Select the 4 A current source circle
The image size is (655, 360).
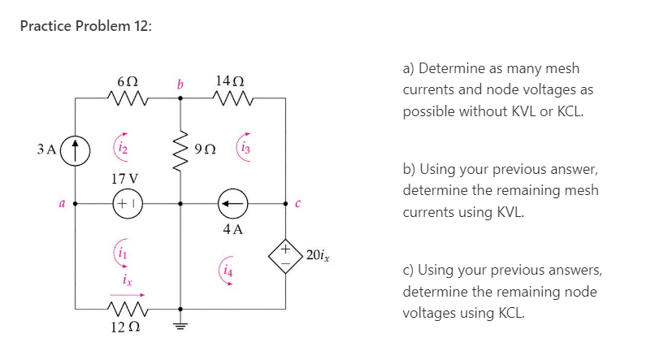[x=232, y=204]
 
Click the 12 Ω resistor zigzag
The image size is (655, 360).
[x=125, y=309]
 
